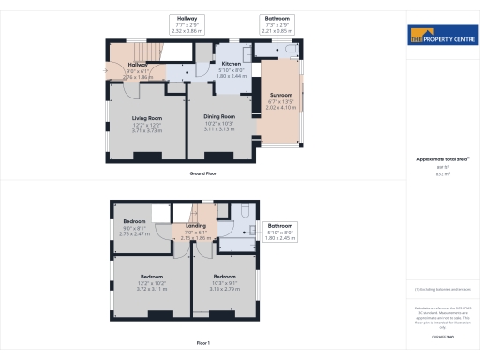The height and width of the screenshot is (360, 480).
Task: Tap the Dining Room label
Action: (219, 117)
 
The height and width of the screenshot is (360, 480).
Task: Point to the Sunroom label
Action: (280, 95)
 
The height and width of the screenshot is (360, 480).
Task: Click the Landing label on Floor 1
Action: (196, 225)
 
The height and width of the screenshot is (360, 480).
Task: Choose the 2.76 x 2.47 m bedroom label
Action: (135, 221)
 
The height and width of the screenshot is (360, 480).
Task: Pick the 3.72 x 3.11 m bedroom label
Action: (151, 277)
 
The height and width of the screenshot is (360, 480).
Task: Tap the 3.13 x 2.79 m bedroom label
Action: (224, 277)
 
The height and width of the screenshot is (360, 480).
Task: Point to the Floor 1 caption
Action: (203, 343)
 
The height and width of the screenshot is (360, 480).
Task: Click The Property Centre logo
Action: (442, 37)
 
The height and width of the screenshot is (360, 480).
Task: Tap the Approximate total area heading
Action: (442, 159)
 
